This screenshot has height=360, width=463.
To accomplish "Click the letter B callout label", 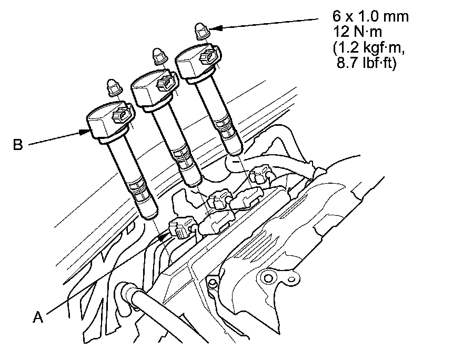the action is [18, 145].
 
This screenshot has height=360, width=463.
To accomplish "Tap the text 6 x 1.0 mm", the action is [370, 16].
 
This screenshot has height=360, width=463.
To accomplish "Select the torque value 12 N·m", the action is [357, 32].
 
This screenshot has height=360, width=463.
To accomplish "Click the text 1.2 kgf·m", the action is [369, 47].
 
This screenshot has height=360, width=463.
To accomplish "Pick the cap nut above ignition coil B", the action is [113, 87].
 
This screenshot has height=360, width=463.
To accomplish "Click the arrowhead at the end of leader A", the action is [163, 236].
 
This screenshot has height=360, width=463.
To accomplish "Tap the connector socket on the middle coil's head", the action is [165, 83].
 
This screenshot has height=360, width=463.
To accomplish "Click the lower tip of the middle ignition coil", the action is [194, 184].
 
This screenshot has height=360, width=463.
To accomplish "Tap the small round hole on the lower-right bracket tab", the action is [291, 279].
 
